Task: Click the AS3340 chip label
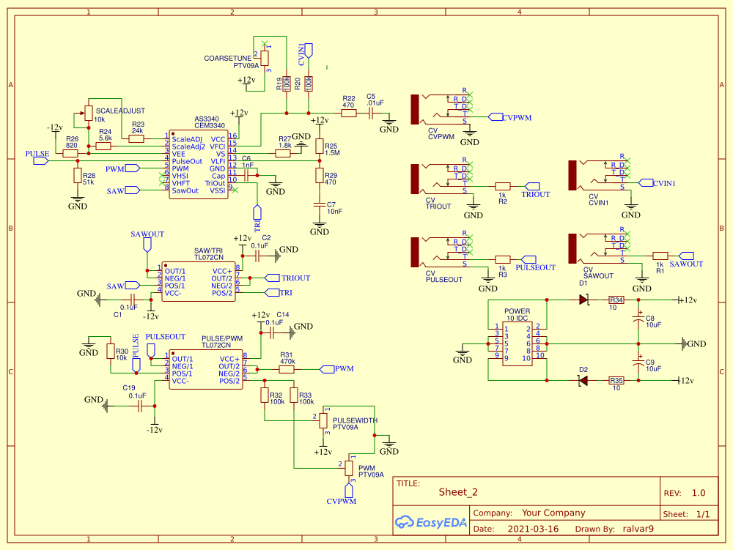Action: pos(206,119)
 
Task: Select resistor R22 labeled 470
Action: pos(349,114)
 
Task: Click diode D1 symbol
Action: pos(584,300)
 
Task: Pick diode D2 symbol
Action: pos(583,380)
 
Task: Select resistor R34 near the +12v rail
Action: pos(616,300)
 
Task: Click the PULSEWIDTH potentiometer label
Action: pos(355,420)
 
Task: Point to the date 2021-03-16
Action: pos(532,529)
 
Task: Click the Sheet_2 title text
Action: pos(458,492)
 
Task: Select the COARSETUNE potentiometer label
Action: pos(228,58)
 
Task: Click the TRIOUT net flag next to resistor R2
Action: pos(534,194)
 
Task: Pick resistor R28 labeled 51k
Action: pos(77,176)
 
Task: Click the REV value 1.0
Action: pos(699,493)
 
